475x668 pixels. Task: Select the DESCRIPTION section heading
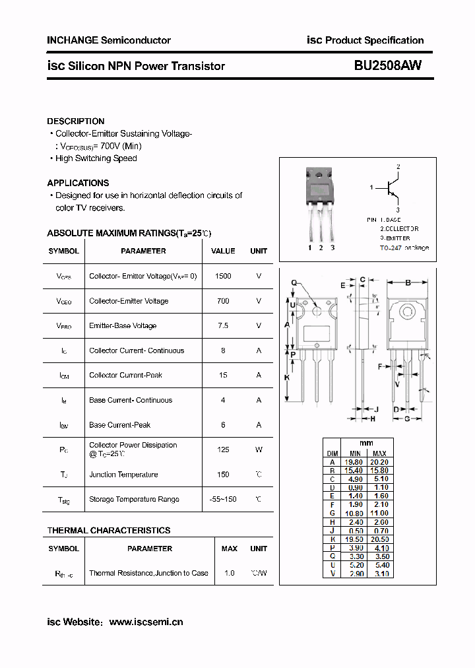tap(76, 121)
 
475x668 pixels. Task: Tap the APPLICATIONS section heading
tap(78, 183)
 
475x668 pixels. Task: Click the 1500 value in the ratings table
tap(223, 276)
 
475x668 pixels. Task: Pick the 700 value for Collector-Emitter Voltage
tap(223, 301)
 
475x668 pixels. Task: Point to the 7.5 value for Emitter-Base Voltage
tap(223, 325)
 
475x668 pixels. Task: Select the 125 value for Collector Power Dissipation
tap(223, 450)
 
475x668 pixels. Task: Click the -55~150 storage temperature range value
tap(223, 499)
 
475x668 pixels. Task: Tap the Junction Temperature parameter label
tap(123, 475)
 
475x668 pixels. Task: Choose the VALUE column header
tap(223, 251)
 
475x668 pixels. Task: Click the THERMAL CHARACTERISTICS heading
tap(109, 530)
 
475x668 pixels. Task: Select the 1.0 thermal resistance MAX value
tap(229, 573)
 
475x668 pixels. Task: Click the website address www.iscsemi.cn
tap(146, 622)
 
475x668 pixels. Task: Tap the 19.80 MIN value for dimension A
tap(355, 462)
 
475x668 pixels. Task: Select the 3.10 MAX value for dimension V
tap(381, 574)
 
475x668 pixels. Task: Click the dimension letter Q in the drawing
tap(294, 283)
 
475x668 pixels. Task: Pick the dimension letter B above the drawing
tap(408, 283)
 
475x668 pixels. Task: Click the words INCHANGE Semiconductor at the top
tap(109, 40)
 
